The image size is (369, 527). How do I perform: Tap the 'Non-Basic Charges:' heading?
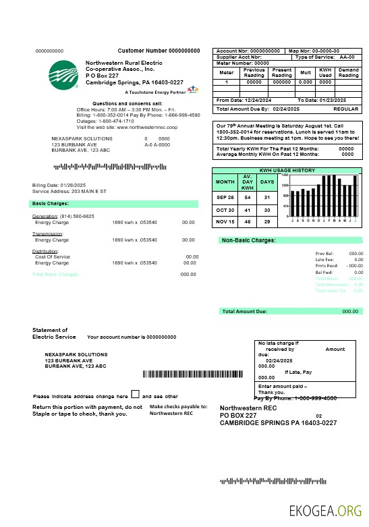[x=249, y=240]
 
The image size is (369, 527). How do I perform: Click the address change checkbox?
[x=135, y=394]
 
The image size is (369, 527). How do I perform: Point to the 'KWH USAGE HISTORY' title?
[x=287, y=170]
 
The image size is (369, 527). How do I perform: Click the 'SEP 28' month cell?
[x=225, y=197]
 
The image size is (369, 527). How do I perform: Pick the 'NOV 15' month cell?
[x=225, y=221]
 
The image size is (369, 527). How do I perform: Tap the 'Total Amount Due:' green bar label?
[x=245, y=311]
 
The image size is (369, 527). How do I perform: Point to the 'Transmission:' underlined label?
[x=48, y=233]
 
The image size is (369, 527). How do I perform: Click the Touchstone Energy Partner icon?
[x=193, y=88]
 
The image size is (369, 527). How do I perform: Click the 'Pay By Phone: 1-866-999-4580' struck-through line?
[x=295, y=398]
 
